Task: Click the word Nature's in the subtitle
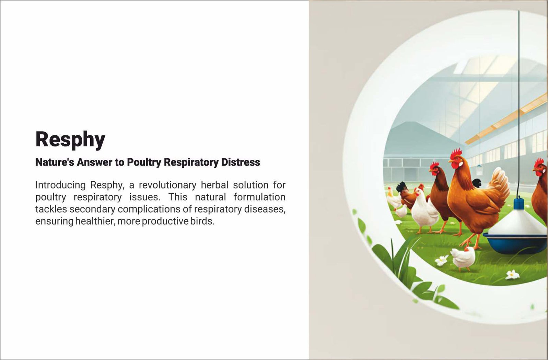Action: pyautogui.click(x=55, y=162)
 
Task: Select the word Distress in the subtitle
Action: pyautogui.click(x=241, y=162)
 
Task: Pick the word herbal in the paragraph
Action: pyautogui.click(x=214, y=185)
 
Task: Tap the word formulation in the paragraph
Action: pyautogui.click(x=259, y=197)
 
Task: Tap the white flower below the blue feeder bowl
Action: pyautogui.click(x=512, y=275)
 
